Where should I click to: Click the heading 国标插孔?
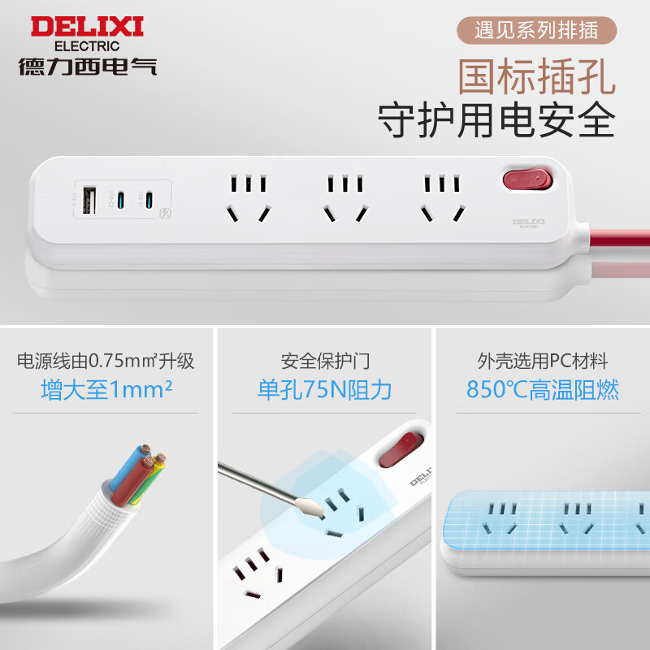pyautogui.click(x=536, y=77)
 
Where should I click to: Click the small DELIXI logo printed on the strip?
pyautogui.click(x=528, y=222)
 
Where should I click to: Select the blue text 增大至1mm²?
pyautogui.click(x=106, y=390)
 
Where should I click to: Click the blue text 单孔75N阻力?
pyautogui.click(x=325, y=390)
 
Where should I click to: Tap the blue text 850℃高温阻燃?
pyautogui.click(x=543, y=390)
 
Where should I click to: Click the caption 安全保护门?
pyautogui.click(x=325, y=361)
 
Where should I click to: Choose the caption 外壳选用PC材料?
pyautogui.click(x=543, y=361)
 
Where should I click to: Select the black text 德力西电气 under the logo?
pyautogui.click(x=87, y=65)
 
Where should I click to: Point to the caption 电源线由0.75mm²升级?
pyautogui.click(x=106, y=361)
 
